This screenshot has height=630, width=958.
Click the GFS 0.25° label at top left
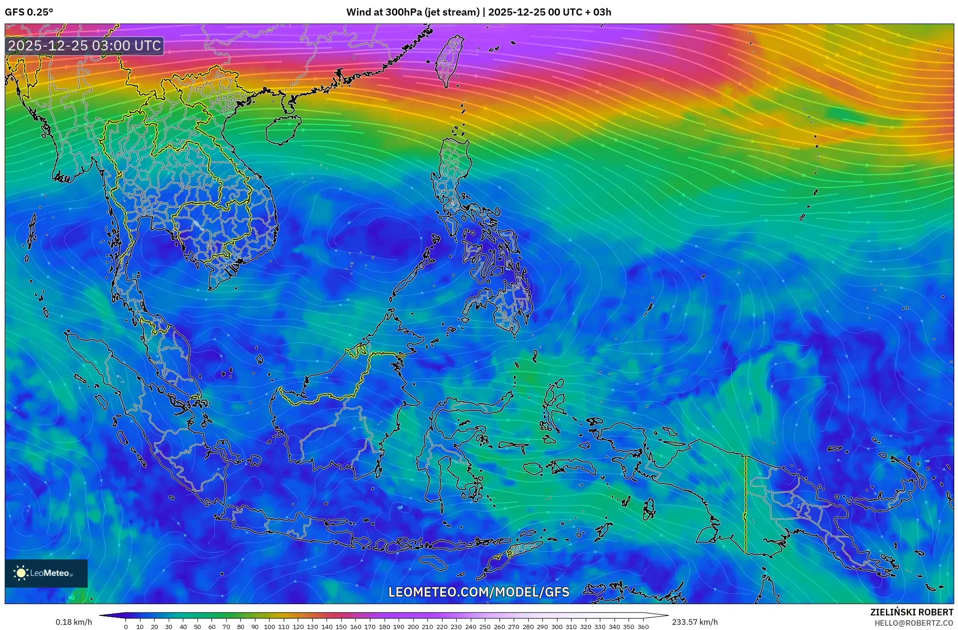coord(29,12)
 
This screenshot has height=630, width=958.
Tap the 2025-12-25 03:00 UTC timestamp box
coord(85,46)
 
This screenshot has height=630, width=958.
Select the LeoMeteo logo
coord(46,573)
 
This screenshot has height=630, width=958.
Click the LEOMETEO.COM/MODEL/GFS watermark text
coord(478,592)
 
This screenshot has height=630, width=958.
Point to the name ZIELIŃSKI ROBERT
coord(911,612)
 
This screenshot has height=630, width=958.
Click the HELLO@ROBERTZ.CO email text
coord(914,623)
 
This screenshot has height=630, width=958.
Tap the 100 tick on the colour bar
coord(269,627)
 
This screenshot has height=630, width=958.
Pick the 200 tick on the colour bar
coord(413,627)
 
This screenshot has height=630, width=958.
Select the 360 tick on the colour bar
coord(643,627)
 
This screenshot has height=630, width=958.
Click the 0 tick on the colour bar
coord(126,627)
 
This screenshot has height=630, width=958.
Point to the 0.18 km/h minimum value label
coord(74,622)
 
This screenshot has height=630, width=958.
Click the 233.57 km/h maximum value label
coord(695,622)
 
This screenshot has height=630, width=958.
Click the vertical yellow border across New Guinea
coord(745,504)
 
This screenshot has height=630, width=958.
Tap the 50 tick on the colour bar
coord(197,627)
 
